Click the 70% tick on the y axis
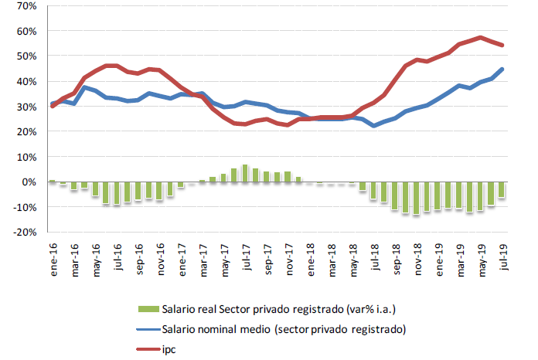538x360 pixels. pos(26,6)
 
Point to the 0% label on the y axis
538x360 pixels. pos(29,182)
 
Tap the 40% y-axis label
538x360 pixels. pos(26,81)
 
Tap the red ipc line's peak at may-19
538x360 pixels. pos(480,37)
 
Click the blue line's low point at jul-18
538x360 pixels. pos(373,125)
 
